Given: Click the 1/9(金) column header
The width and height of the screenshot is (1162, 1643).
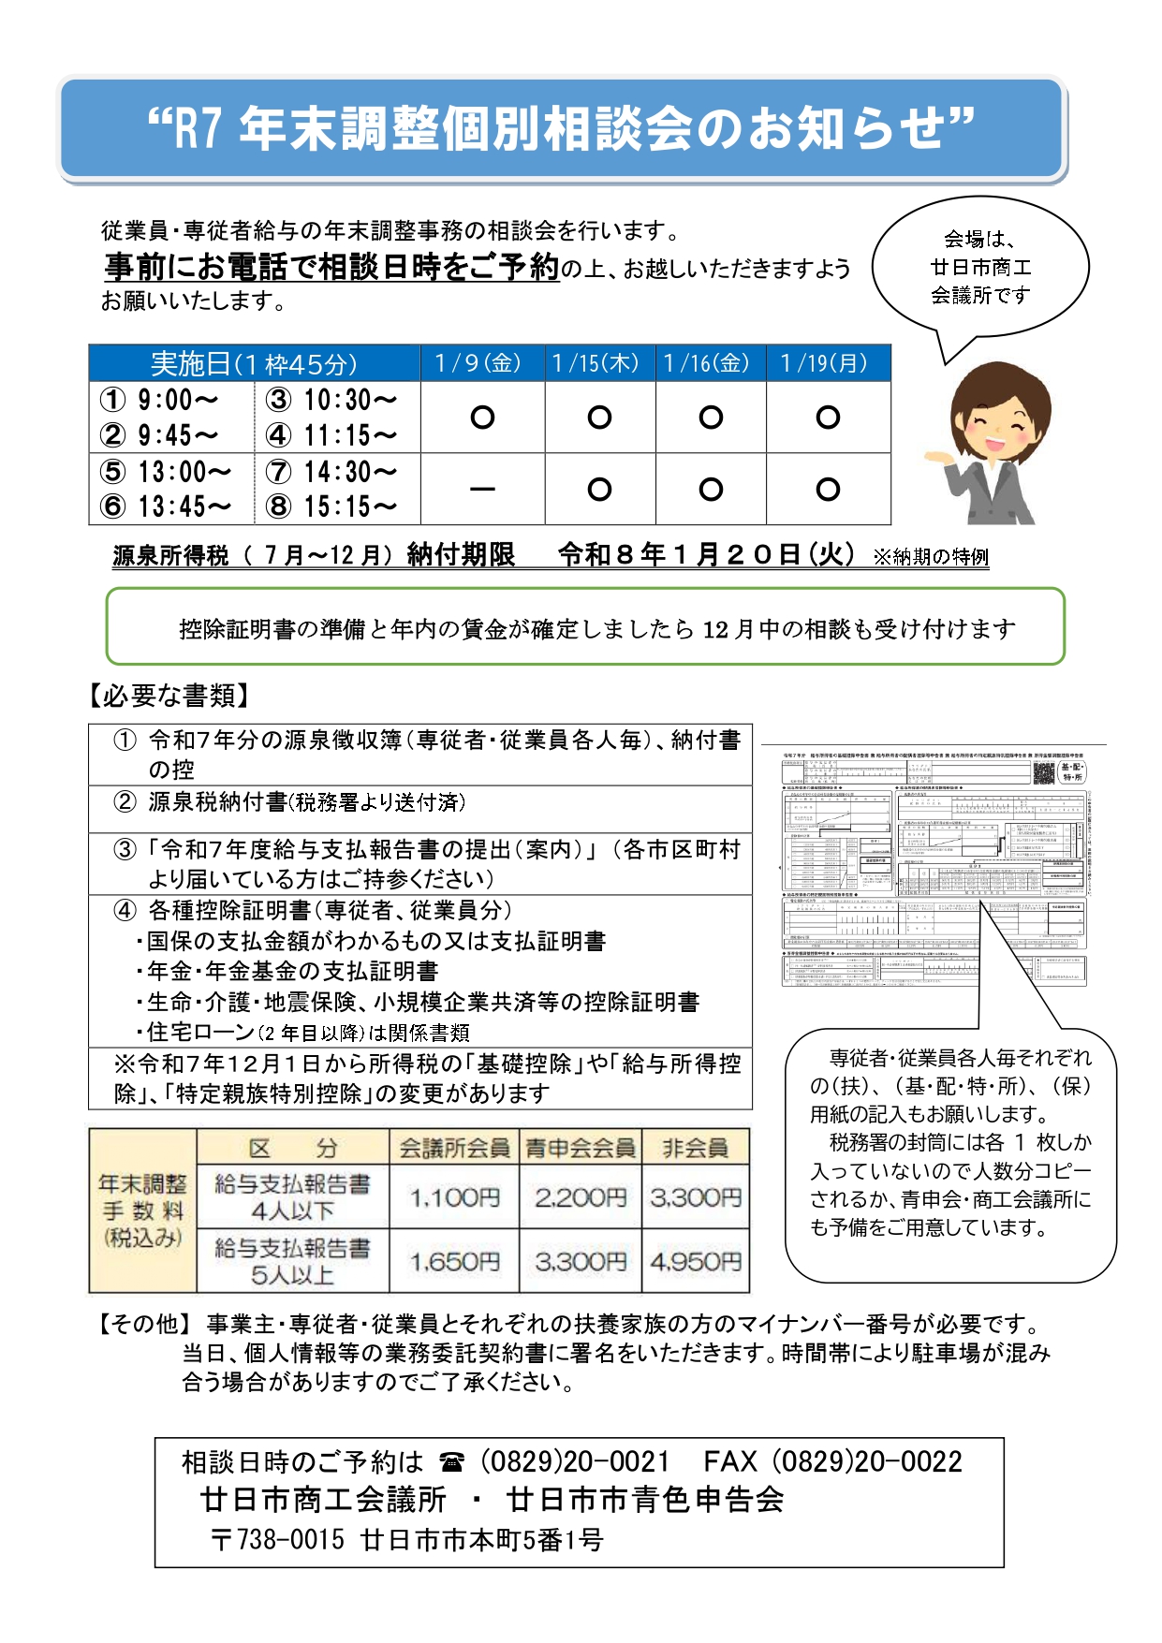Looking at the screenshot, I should (482, 363).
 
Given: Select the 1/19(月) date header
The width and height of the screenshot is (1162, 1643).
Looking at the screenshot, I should (828, 363).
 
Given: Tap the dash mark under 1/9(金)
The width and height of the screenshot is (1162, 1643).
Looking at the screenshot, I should (482, 489).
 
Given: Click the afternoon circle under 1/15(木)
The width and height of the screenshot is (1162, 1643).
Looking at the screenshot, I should (599, 489).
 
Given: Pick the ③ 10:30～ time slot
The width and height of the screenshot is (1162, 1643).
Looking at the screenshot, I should (332, 400).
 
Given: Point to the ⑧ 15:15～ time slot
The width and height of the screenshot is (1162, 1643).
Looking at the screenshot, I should (332, 506).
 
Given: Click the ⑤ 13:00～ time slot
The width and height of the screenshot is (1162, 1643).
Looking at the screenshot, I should (167, 471).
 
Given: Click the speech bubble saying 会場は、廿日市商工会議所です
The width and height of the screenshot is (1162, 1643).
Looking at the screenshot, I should (980, 268).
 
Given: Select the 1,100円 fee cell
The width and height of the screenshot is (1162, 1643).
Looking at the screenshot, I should (454, 1196).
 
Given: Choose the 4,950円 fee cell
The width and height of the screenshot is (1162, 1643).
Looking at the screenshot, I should (696, 1261).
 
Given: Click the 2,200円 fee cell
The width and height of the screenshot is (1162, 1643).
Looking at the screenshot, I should (581, 1196).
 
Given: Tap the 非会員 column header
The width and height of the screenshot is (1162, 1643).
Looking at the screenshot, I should (696, 1148).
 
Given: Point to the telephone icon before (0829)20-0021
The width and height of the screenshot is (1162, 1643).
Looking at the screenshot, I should (452, 1462).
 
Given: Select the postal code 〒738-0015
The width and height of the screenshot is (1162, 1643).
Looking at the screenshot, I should (278, 1539).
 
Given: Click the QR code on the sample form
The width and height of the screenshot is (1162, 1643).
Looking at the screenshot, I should (1043, 772).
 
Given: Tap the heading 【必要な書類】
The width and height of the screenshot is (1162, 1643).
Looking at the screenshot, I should (170, 696).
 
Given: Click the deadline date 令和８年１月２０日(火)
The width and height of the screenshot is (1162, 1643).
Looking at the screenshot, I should (707, 555).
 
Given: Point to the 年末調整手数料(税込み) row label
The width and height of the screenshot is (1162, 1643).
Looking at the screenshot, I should (143, 1210).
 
